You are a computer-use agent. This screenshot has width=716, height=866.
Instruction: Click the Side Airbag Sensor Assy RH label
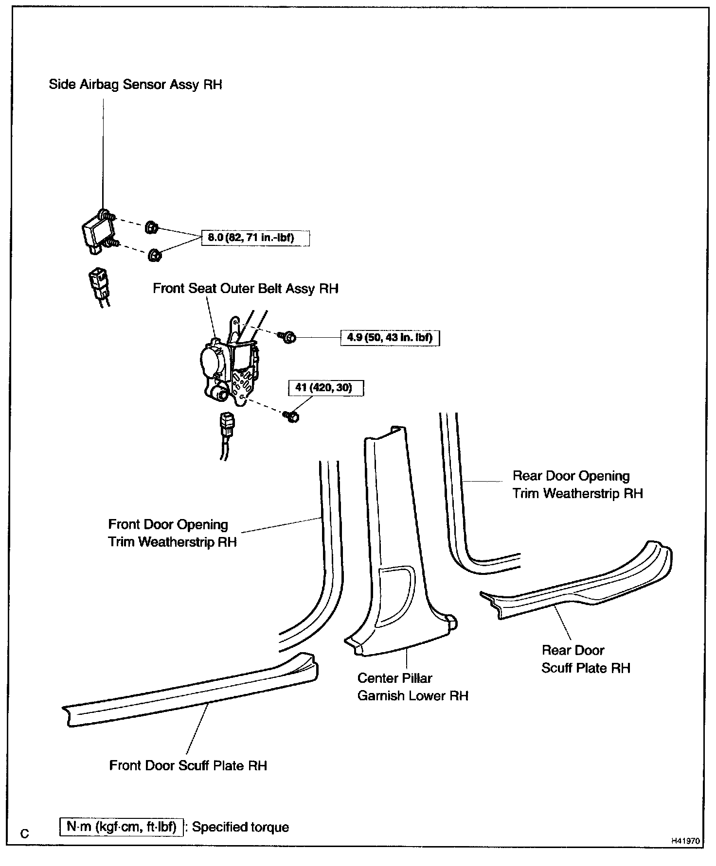[x=135, y=85]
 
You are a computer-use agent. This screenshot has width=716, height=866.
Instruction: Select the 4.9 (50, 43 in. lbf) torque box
[x=390, y=337]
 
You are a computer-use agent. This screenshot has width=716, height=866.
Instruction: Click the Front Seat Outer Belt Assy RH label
[x=245, y=289]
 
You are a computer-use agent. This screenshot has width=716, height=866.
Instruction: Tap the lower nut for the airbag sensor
[x=155, y=255]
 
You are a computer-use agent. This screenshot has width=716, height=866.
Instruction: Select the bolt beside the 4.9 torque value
[x=287, y=337]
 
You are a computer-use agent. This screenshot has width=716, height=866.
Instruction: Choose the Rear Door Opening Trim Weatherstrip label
[x=577, y=485]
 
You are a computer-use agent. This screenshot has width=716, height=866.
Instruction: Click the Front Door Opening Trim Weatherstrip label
[x=172, y=533]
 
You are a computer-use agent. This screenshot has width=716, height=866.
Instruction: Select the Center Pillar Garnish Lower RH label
[x=412, y=687]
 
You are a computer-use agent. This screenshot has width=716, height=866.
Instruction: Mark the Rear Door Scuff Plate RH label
[x=585, y=659]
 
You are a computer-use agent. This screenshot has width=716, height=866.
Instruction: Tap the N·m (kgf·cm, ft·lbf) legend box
[x=121, y=827]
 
